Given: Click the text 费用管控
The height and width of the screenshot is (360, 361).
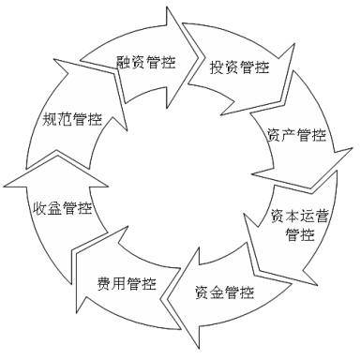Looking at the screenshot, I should click(126, 283).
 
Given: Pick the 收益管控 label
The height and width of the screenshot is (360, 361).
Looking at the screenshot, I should click(63, 207).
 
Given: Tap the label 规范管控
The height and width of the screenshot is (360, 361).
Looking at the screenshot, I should click(72, 119).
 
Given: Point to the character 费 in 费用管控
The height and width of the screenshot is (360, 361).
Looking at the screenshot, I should click(103, 283).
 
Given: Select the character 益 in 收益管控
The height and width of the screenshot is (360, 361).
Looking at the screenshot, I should click(55, 207).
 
